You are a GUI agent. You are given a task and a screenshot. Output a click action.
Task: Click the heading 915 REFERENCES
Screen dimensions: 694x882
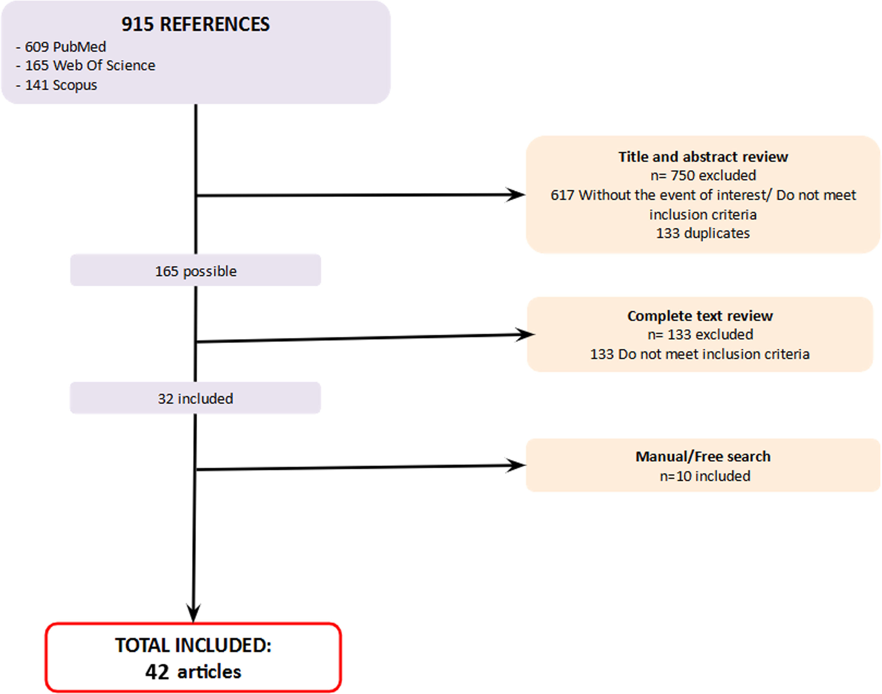[x=195, y=24]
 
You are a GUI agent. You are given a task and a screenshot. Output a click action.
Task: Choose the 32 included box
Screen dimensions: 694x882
[x=195, y=399]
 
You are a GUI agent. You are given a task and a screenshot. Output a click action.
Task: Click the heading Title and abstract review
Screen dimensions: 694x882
[x=703, y=157]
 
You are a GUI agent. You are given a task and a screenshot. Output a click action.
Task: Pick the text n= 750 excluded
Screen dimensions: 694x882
[x=703, y=176]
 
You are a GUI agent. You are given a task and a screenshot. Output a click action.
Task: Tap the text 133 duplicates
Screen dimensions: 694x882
[x=703, y=233]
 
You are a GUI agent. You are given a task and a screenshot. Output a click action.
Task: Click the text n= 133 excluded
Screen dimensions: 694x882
[x=700, y=335]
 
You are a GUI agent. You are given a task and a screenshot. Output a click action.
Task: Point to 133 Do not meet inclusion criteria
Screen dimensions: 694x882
[x=700, y=354]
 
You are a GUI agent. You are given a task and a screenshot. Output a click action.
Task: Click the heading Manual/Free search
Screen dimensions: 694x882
[x=703, y=457]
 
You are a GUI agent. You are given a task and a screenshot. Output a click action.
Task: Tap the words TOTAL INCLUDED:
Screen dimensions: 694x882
[x=193, y=645]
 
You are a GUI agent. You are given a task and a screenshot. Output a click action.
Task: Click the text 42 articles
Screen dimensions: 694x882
[x=193, y=672]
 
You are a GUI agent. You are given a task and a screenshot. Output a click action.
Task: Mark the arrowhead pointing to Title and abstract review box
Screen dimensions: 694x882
[x=516, y=195]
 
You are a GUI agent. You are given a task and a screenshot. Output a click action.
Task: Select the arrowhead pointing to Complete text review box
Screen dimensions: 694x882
[x=525, y=335]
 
